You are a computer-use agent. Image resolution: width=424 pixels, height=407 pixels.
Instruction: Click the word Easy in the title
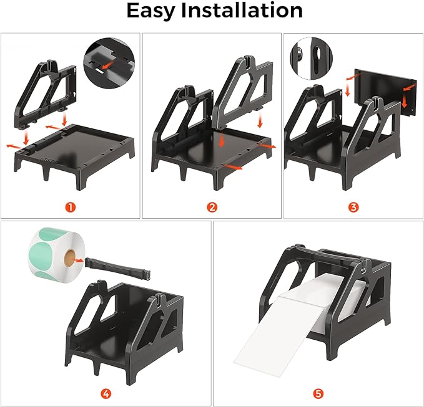pyautogui.click(x=151, y=11)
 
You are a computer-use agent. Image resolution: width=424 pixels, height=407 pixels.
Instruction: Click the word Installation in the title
pyautogui.click(x=242, y=10)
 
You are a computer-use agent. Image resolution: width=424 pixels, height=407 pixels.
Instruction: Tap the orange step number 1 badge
pyautogui.click(x=71, y=208)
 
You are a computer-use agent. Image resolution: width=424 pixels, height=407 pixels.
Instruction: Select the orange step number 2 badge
pyautogui.click(x=212, y=208)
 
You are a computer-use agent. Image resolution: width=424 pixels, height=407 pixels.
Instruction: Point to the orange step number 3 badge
pyautogui.click(x=353, y=208)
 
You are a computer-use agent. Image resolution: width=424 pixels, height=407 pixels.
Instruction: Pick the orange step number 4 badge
pyautogui.click(x=106, y=394)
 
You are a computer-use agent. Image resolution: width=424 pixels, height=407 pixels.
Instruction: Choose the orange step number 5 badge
pyautogui.click(x=318, y=394)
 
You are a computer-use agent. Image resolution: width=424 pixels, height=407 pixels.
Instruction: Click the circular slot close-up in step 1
pyautogui.click(x=109, y=62)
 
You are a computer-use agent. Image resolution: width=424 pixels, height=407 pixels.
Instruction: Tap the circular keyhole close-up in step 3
pyautogui.click(x=311, y=59)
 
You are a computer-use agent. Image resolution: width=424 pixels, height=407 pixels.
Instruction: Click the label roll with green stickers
pyautogui.click(x=57, y=254)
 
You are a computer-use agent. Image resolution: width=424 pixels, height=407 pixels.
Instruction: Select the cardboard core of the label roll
pyautogui.click(x=70, y=257)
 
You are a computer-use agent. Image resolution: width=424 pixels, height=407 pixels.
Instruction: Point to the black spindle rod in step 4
pyautogui.click(x=117, y=269)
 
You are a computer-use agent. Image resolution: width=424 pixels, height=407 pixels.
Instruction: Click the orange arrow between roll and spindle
pyautogui.click(x=79, y=261)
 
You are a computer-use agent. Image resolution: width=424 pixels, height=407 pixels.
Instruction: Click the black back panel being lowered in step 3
pyautogui.click(x=385, y=92)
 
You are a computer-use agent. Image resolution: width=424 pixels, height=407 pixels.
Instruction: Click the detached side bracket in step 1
pyautogui.click(x=46, y=94)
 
